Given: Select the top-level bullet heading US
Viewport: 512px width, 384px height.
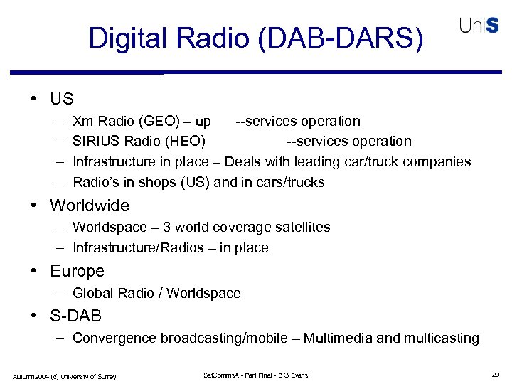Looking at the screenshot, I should [x=61, y=98].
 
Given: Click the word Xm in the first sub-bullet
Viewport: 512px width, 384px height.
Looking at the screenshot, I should [x=82, y=121].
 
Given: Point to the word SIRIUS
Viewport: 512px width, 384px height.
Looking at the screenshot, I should [x=96, y=141].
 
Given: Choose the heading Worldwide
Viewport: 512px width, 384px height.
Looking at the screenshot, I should [x=90, y=206].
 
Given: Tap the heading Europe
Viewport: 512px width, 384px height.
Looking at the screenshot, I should [x=77, y=271].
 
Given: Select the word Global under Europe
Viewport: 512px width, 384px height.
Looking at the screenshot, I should [x=92, y=293].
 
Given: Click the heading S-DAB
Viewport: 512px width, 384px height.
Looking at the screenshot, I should [x=75, y=315].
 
